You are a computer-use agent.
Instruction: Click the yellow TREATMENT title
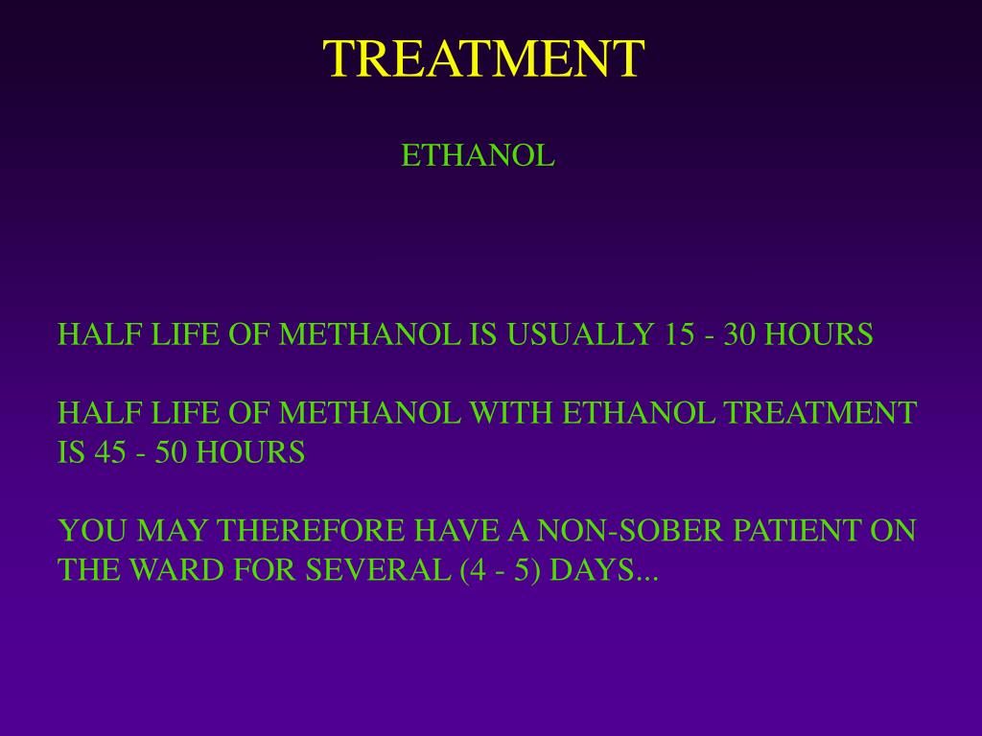[483, 59]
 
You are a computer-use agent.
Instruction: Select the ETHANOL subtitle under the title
[478, 155]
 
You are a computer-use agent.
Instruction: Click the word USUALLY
[579, 334]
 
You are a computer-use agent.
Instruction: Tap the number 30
[740, 334]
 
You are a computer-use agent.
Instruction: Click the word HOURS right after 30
[818, 334]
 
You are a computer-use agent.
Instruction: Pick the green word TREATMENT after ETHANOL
[820, 413]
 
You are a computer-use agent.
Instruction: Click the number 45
[110, 452]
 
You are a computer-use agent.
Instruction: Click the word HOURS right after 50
[250, 452]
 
